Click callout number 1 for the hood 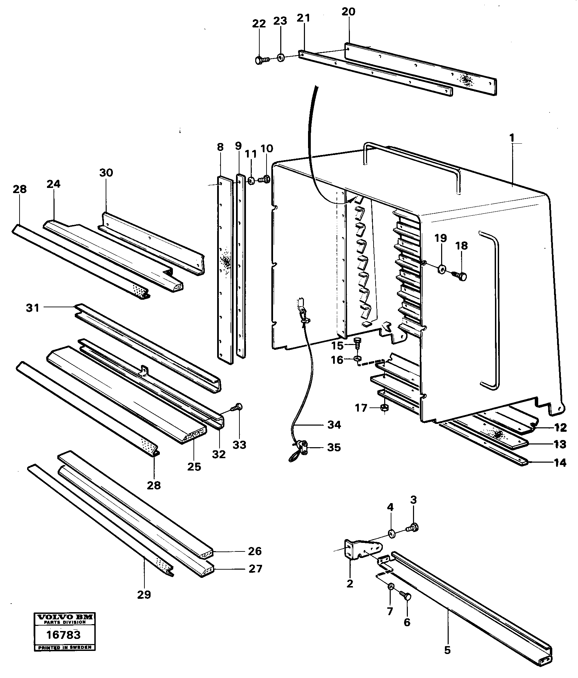coord(512,138)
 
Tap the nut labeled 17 coord(385,408)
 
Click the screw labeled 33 coord(238,407)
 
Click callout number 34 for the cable coord(334,425)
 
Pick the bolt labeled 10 coord(265,179)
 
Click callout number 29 coord(144,594)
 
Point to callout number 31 coord(33,308)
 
